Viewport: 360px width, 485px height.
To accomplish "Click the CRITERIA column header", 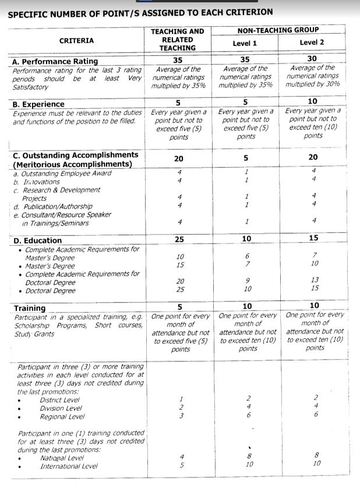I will pos(76,40).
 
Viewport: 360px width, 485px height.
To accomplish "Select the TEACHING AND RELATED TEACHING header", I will pos(177,40).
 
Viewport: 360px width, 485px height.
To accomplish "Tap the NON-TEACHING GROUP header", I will pos(278,30).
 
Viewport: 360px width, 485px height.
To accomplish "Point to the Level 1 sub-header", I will pos(245,43).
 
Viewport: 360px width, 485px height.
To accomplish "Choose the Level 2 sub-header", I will pos(312,43).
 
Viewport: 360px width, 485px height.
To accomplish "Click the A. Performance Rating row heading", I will pos(55,61).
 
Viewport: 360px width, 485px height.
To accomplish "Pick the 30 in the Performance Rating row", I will pos(312,59).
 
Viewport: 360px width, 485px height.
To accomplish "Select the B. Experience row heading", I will pos(38,104).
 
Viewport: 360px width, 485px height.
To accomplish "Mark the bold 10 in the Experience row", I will pos(312,102).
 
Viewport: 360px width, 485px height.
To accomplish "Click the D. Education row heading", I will pos(37,240).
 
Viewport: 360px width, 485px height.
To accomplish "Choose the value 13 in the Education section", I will pos(315,280).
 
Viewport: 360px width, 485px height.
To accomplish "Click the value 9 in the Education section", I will pos(247,281).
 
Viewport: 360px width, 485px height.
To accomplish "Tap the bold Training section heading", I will pos(29,308).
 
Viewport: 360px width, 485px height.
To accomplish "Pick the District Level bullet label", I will pos(59,400).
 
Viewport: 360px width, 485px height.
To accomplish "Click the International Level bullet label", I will pos(69,466).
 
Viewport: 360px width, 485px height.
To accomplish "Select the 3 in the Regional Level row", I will pos(181,416).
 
